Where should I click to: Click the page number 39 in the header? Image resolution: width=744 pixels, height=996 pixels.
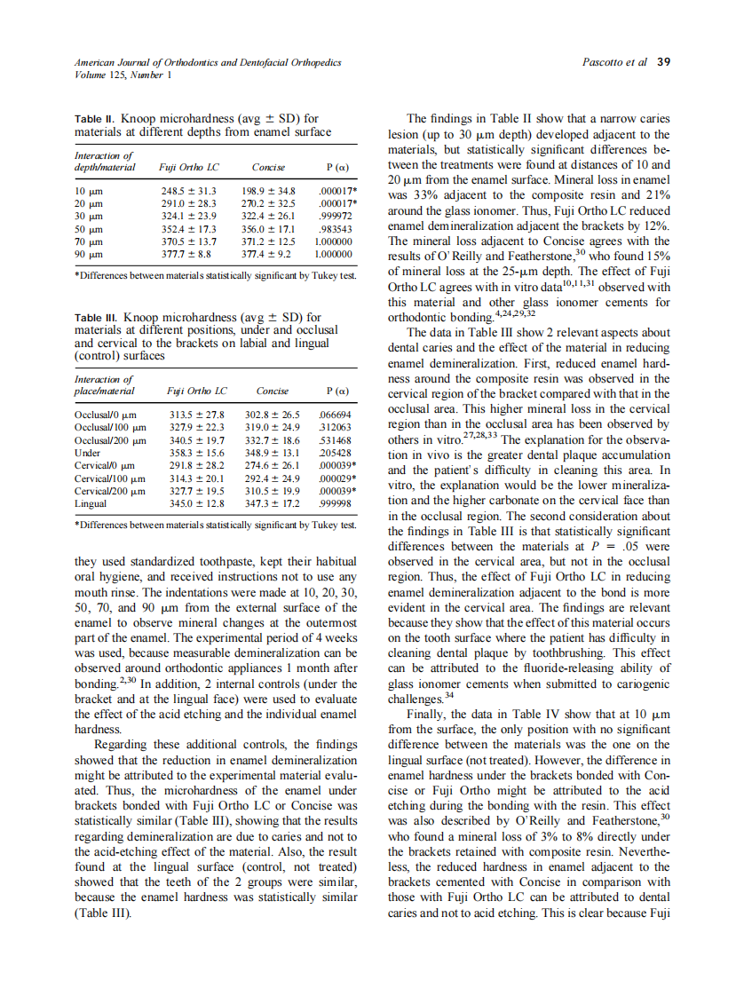(x=663, y=62)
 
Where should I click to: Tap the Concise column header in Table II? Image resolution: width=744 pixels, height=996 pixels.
(x=268, y=166)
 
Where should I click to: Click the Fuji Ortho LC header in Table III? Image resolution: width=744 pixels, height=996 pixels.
(x=196, y=391)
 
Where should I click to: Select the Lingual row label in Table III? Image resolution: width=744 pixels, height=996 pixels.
(x=91, y=503)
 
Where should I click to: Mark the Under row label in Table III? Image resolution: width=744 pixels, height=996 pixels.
(x=88, y=453)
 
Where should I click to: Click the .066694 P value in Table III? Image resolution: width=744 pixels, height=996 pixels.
(x=336, y=415)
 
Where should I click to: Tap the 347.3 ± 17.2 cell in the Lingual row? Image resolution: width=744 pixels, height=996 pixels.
(x=273, y=503)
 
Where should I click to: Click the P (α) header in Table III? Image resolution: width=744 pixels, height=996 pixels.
(x=336, y=391)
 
